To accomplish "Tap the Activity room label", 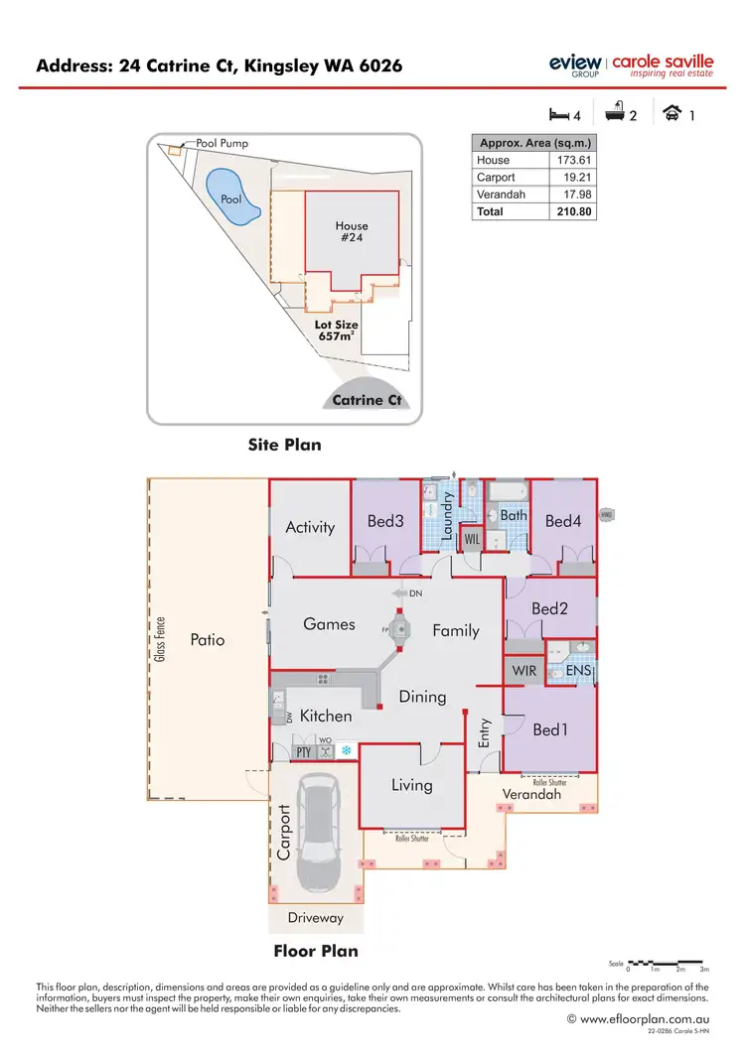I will (310, 527).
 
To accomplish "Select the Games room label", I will (329, 623).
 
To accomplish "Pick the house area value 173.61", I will (573, 160).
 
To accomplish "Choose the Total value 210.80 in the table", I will (573, 211).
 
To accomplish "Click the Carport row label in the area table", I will (495, 177).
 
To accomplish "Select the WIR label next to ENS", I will (524, 671).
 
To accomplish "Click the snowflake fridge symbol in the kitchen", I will (347, 751).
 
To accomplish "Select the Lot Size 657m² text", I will (337, 330).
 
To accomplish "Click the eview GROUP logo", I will (574, 65).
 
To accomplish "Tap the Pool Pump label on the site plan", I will (223, 143).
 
